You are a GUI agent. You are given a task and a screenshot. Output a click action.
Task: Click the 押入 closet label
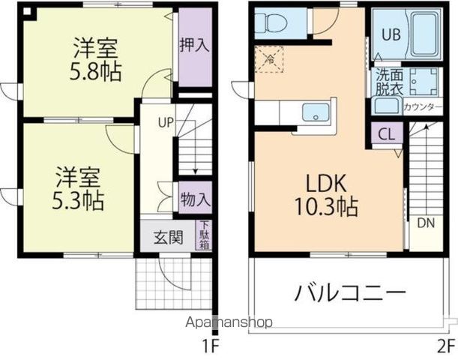tap(193, 45)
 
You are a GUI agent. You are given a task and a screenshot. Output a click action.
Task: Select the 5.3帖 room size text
tap(79, 201)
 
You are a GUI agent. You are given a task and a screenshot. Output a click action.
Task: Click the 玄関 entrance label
tap(169, 238)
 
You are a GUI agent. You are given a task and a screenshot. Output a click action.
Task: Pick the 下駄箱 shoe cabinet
tap(203, 235)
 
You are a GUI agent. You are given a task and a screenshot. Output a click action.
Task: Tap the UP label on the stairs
tap(166, 121)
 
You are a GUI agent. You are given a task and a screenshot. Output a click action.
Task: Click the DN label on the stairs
tap(425, 223)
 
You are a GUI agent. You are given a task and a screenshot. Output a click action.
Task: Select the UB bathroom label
tap(391, 34)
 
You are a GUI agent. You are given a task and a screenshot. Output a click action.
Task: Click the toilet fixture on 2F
tap(270, 23)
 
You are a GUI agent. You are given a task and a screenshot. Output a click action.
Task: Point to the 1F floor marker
tap(210, 346)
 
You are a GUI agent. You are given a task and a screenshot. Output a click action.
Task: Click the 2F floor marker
tap(445, 346)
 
